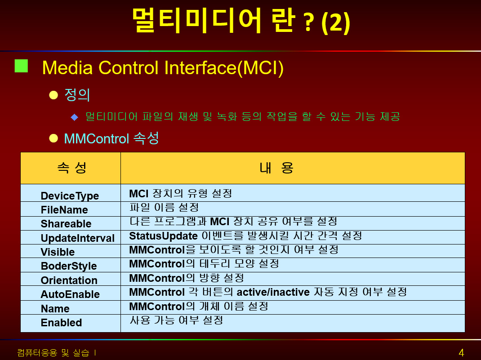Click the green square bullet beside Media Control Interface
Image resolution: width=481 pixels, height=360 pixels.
(x=21, y=66)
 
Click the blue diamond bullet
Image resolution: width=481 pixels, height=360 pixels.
(x=75, y=117)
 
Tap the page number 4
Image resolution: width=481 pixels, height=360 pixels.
(x=461, y=353)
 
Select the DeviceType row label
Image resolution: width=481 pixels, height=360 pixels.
(x=70, y=196)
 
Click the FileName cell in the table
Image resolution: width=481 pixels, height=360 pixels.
(x=64, y=210)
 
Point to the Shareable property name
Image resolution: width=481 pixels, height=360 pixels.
(x=66, y=224)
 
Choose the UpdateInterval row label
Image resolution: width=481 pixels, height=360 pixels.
(x=78, y=238)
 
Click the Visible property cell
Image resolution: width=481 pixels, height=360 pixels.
(x=58, y=252)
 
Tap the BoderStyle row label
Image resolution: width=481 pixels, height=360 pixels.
(x=69, y=266)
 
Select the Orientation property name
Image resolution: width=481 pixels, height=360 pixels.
(x=69, y=280)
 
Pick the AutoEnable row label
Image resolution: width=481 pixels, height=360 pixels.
(x=70, y=294)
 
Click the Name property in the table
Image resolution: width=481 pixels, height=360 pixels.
(x=55, y=308)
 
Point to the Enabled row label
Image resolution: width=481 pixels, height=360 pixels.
(x=61, y=323)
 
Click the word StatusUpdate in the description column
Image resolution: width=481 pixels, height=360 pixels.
(x=163, y=236)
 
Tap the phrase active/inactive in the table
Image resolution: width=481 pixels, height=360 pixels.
(x=273, y=292)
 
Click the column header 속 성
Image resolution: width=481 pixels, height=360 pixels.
(x=72, y=168)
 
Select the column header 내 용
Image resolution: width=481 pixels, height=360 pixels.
(x=276, y=168)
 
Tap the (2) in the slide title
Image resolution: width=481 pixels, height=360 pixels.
(x=336, y=22)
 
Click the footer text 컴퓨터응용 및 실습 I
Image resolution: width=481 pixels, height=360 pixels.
(x=57, y=353)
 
